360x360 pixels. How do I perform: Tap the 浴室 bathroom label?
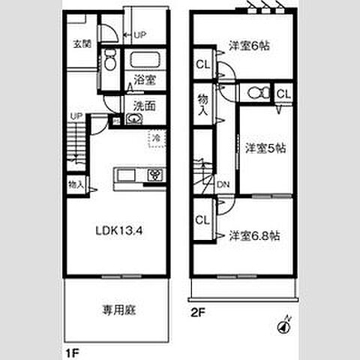point(145,78)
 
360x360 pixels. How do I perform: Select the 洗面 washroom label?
point(145,106)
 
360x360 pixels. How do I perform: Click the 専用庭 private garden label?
point(119,308)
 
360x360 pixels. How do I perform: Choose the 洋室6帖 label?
point(249,46)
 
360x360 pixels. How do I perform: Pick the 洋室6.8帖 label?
point(255,235)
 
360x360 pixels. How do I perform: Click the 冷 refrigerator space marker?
point(157,139)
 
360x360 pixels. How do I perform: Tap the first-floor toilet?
point(110,59)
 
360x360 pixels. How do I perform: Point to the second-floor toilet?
point(253,93)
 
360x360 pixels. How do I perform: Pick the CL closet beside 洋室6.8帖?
point(202,220)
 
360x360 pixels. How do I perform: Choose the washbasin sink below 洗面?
point(135,120)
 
